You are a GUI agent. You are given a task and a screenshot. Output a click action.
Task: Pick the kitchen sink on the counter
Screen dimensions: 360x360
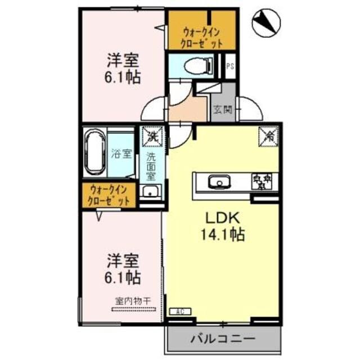[218, 182]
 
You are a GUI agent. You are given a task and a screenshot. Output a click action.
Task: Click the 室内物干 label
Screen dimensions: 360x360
[133, 301]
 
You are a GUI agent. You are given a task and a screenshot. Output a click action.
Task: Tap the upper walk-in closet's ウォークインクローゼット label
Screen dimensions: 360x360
[201, 37]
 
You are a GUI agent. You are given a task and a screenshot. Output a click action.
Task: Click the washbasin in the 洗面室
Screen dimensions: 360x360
[151, 192]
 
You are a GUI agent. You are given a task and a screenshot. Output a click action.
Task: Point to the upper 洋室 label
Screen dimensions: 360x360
[123, 60]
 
